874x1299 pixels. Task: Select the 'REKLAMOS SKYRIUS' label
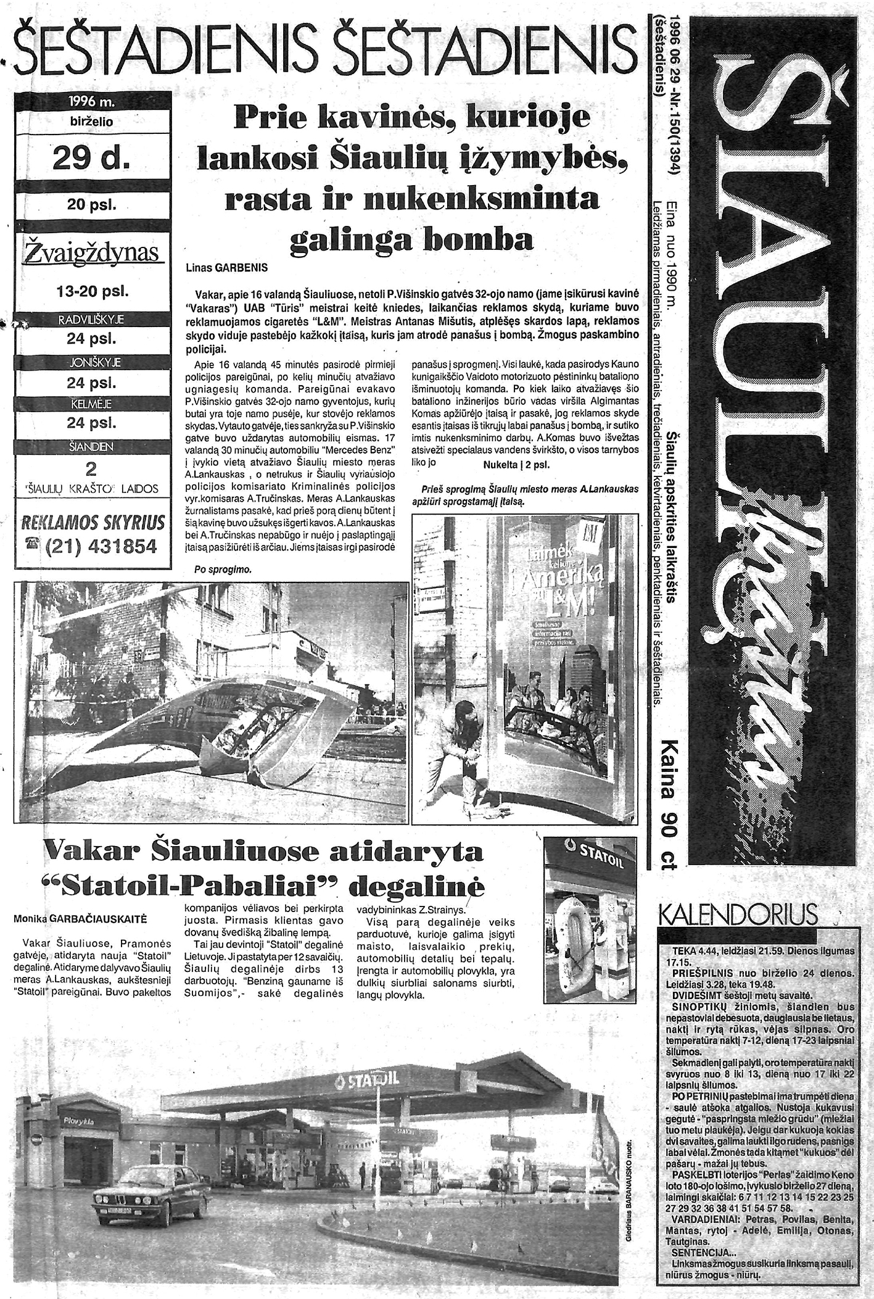pos(93,523)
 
